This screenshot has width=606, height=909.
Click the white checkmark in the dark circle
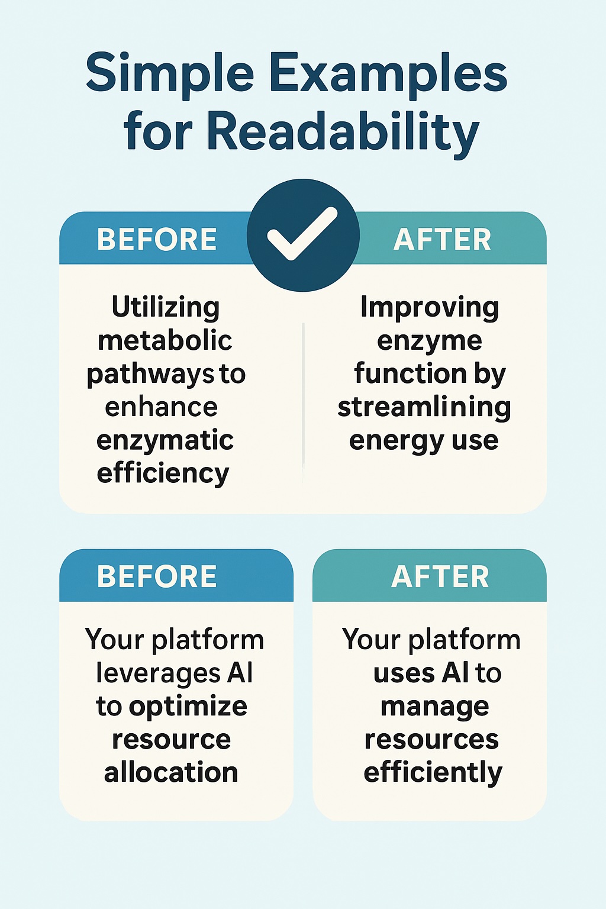click(x=302, y=234)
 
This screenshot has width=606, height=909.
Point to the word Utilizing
click(x=166, y=307)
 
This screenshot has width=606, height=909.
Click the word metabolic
click(x=165, y=340)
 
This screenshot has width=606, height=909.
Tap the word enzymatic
click(x=165, y=441)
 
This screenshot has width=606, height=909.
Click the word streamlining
click(x=424, y=408)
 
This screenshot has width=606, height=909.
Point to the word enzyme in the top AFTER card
click(x=430, y=341)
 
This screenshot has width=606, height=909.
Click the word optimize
click(x=188, y=708)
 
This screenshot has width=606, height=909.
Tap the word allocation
click(x=171, y=772)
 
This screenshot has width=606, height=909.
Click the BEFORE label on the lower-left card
click(x=157, y=576)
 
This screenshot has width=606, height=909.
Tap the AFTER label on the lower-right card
click(x=440, y=576)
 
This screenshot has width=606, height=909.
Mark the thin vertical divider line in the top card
click(x=303, y=402)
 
